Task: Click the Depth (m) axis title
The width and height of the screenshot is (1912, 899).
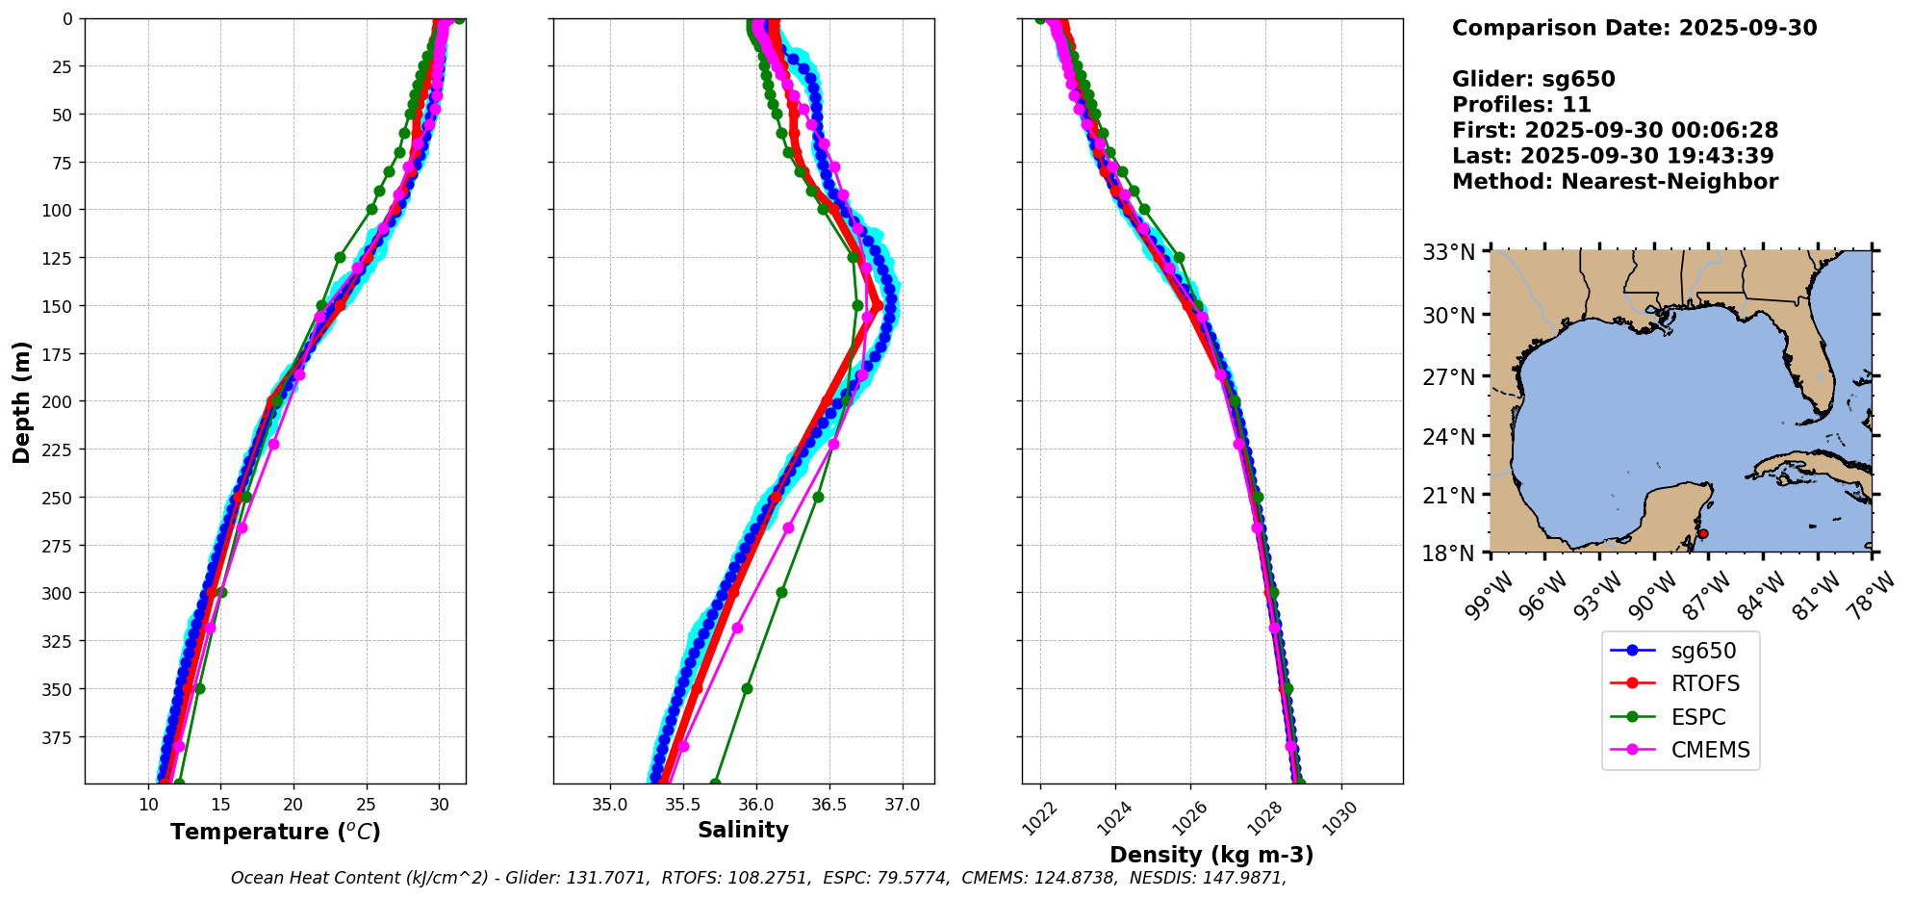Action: (x=22, y=401)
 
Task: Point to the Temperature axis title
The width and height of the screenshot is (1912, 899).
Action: (x=275, y=832)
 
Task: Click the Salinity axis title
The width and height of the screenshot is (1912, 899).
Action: (x=743, y=831)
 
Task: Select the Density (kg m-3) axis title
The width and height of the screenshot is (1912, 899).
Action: (x=1211, y=855)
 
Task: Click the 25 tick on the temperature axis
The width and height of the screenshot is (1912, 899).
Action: (x=366, y=805)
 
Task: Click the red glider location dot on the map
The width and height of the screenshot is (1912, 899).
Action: (x=1703, y=533)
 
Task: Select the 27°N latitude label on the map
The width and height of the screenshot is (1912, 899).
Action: (x=1448, y=377)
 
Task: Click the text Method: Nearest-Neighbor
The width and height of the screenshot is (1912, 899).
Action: (x=1615, y=182)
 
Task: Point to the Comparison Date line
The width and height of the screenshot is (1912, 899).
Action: (x=1634, y=28)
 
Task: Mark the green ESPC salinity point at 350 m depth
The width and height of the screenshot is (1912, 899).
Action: (x=747, y=688)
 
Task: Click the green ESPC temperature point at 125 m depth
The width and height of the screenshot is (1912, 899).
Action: (x=340, y=257)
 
